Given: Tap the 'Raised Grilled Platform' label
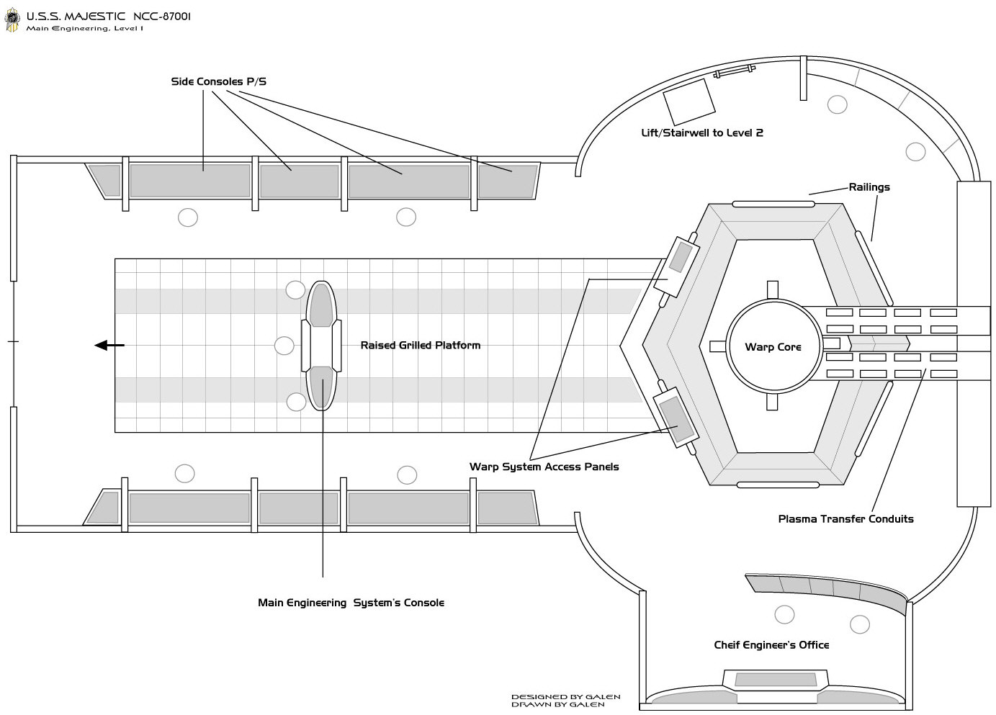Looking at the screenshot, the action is [420, 346].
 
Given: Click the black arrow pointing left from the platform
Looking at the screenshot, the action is [109, 345].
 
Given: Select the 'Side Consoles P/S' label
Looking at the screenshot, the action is [219, 81].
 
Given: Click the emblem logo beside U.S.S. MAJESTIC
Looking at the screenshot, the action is [12, 20].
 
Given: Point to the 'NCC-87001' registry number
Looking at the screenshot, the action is [162, 17].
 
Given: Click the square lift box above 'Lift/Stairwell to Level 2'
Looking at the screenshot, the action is [689, 102].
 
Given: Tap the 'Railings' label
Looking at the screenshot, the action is [869, 187].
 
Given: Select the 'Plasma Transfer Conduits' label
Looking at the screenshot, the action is [845, 519].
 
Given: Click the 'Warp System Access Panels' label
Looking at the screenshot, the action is [544, 467].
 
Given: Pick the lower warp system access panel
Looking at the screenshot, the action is [676, 418].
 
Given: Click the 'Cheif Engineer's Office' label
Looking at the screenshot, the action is [771, 645].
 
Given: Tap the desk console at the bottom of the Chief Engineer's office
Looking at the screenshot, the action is [776, 680].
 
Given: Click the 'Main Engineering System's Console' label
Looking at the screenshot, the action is [351, 603].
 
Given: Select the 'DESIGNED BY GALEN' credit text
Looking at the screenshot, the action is [565, 697].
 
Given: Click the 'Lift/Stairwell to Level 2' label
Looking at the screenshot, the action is [702, 133].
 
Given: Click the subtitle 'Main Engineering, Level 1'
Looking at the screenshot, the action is [84, 29].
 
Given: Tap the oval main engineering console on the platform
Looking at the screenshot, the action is [321, 346].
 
